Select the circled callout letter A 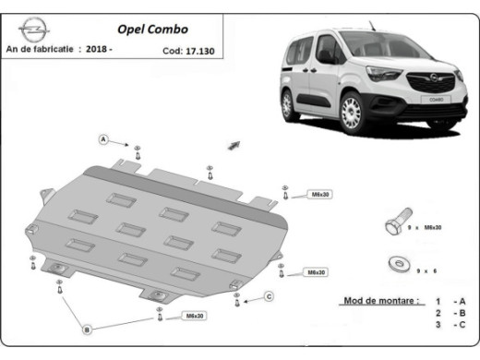click(104, 139)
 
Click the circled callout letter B click(87, 329)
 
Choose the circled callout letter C click(269, 295)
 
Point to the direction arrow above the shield click(234, 146)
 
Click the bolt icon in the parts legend click(392, 226)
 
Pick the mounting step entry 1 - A click(450, 302)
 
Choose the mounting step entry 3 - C click(450, 326)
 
